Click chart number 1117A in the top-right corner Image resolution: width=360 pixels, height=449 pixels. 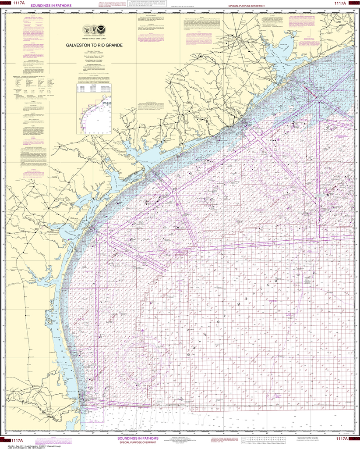[341, 4]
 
